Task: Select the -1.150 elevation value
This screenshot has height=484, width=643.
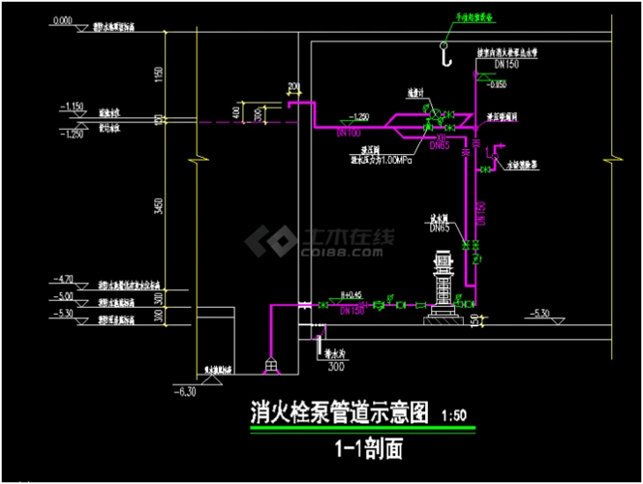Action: (72, 105)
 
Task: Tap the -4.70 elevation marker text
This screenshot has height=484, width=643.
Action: (63, 279)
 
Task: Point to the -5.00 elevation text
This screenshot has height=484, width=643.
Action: (63, 297)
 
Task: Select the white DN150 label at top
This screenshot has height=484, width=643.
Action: (506, 63)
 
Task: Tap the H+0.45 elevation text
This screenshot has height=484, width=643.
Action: (351, 296)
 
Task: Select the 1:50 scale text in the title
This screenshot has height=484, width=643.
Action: (454, 415)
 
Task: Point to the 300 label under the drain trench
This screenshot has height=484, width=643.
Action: (336, 368)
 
